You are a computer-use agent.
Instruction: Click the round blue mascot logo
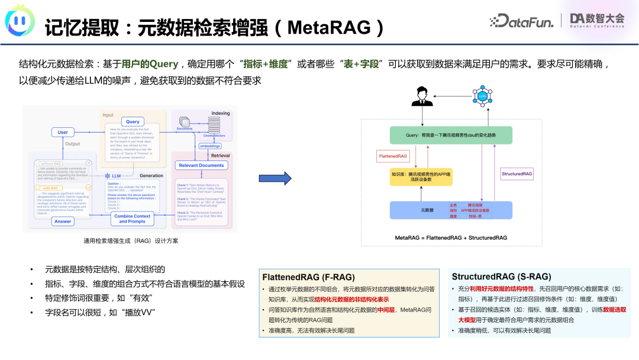(20, 22)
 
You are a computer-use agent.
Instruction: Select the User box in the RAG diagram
(62, 133)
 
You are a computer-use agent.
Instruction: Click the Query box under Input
(133, 121)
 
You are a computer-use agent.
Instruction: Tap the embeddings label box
(209, 146)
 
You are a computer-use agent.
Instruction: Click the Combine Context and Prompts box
(132, 219)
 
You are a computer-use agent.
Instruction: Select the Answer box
(62, 221)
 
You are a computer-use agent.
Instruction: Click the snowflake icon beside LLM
(107, 176)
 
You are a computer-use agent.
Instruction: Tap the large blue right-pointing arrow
(275, 178)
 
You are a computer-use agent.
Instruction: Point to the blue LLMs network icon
(482, 95)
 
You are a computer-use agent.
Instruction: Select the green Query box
(451, 135)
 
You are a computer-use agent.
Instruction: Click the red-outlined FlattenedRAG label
(393, 156)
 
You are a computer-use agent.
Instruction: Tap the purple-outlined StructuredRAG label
(517, 173)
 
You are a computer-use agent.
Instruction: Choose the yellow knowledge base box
(420, 177)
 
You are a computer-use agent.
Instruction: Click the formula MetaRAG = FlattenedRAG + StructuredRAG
(451, 237)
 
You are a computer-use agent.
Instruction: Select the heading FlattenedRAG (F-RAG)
(308, 277)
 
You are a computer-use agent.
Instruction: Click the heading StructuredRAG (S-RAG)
(501, 277)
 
